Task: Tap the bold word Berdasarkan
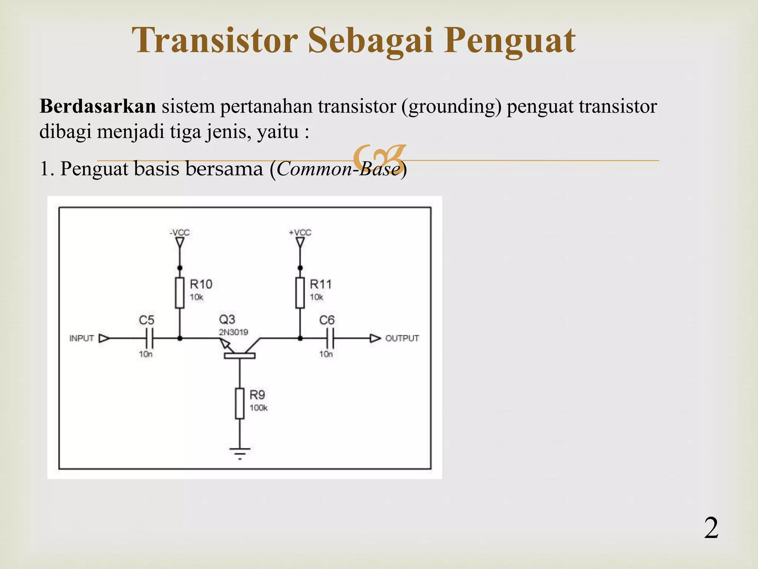point(98,106)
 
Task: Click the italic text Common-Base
point(338,169)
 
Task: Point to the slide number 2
point(711,528)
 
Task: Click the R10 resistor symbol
point(180,293)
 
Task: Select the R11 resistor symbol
point(300,293)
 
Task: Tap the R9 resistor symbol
point(240,403)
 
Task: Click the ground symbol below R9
point(240,453)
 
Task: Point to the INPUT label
point(82,338)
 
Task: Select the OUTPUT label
point(402,338)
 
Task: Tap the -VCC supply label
point(180,233)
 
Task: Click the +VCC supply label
point(300,233)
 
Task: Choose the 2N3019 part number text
point(233,332)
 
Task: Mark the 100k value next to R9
point(258,408)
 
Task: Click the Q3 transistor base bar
point(239,356)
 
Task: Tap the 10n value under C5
point(146,354)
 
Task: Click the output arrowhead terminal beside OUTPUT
point(375,338)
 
